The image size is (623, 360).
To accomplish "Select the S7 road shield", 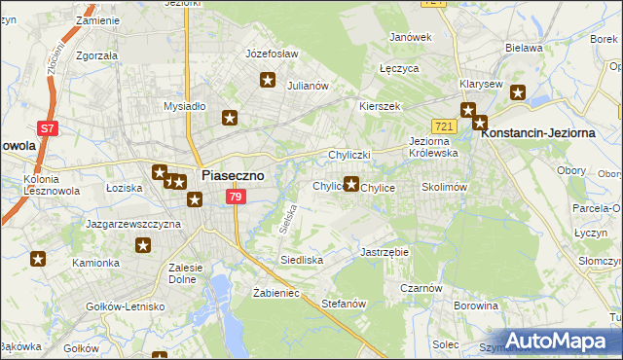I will pos(47,126).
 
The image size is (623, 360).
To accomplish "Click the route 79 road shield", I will pos(235,197).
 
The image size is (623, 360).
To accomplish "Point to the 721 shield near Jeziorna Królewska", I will pos(445,127).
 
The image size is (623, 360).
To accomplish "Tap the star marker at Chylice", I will pos(351,182).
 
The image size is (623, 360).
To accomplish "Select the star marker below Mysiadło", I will pos(231,119).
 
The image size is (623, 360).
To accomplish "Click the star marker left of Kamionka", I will pos(38,259).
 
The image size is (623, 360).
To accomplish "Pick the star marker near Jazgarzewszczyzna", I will pos(143,246).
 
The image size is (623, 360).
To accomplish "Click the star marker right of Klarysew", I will pos(518,93).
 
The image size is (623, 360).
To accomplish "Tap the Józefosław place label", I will pos(272,54).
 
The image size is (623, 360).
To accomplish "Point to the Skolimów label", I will pos(445,186).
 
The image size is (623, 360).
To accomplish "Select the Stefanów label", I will pos(343,304).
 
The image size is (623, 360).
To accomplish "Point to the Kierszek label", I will pos(380,105).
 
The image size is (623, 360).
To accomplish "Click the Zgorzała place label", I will pos(94,55).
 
